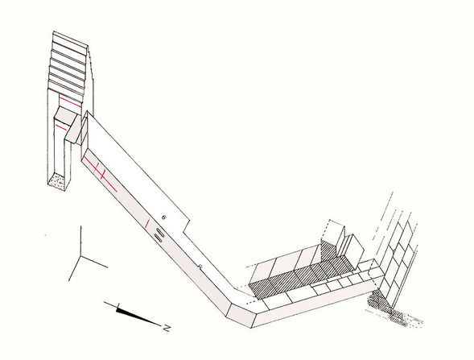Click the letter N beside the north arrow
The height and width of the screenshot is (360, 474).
coord(166,327)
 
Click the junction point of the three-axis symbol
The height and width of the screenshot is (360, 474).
coord(80,256)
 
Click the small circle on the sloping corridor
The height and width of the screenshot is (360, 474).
coord(164,217)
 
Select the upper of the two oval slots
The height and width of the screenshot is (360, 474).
coord(159,233)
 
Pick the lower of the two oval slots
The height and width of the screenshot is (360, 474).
coord(158,238)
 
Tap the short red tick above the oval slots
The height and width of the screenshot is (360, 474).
coord(147,223)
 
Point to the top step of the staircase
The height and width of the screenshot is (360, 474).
coord(70,39)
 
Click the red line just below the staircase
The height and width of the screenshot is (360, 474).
coord(71,102)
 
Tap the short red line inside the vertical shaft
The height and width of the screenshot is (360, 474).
coord(61,127)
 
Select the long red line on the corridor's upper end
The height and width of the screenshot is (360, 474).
coord(101,175)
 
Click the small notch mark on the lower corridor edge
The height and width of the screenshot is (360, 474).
coord(200,267)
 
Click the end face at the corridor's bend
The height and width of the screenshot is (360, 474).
coord(241,316)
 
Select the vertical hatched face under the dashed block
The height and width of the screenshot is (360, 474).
coord(329,250)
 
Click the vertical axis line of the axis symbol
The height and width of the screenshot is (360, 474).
coord(80,241)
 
